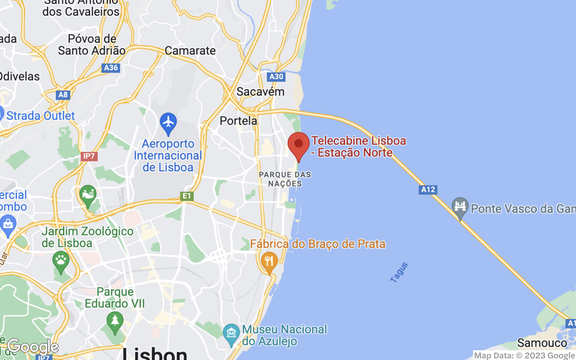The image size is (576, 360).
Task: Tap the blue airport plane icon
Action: tap(168, 122)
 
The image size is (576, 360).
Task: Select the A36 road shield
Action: tap(111, 68)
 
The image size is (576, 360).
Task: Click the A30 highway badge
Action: tap(276, 76)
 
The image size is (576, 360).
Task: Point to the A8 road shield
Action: tap(63, 95)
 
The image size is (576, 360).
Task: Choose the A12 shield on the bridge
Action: tap(428, 190)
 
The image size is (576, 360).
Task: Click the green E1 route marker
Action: tap(186, 196)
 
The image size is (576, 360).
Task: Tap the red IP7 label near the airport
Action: tap(89, 156)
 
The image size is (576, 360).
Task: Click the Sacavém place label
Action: tap(260, 92)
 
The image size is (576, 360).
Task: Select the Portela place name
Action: tap(238, 121)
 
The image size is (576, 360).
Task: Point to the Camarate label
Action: tap(190, 51)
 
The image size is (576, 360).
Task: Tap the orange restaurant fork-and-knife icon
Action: tap(269, 261)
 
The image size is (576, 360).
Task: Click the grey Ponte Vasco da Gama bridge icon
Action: tap(460, 207)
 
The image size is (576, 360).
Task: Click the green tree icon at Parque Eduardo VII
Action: tap(115, 320)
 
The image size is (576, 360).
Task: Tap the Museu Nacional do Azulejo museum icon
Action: tap(231, 333)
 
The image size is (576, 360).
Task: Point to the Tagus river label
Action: tap(399, 272)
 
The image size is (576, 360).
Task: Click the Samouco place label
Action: tap(542, 343)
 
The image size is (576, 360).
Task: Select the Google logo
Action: tap(33, 347)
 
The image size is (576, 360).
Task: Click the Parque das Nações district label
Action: tap(285, 179)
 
